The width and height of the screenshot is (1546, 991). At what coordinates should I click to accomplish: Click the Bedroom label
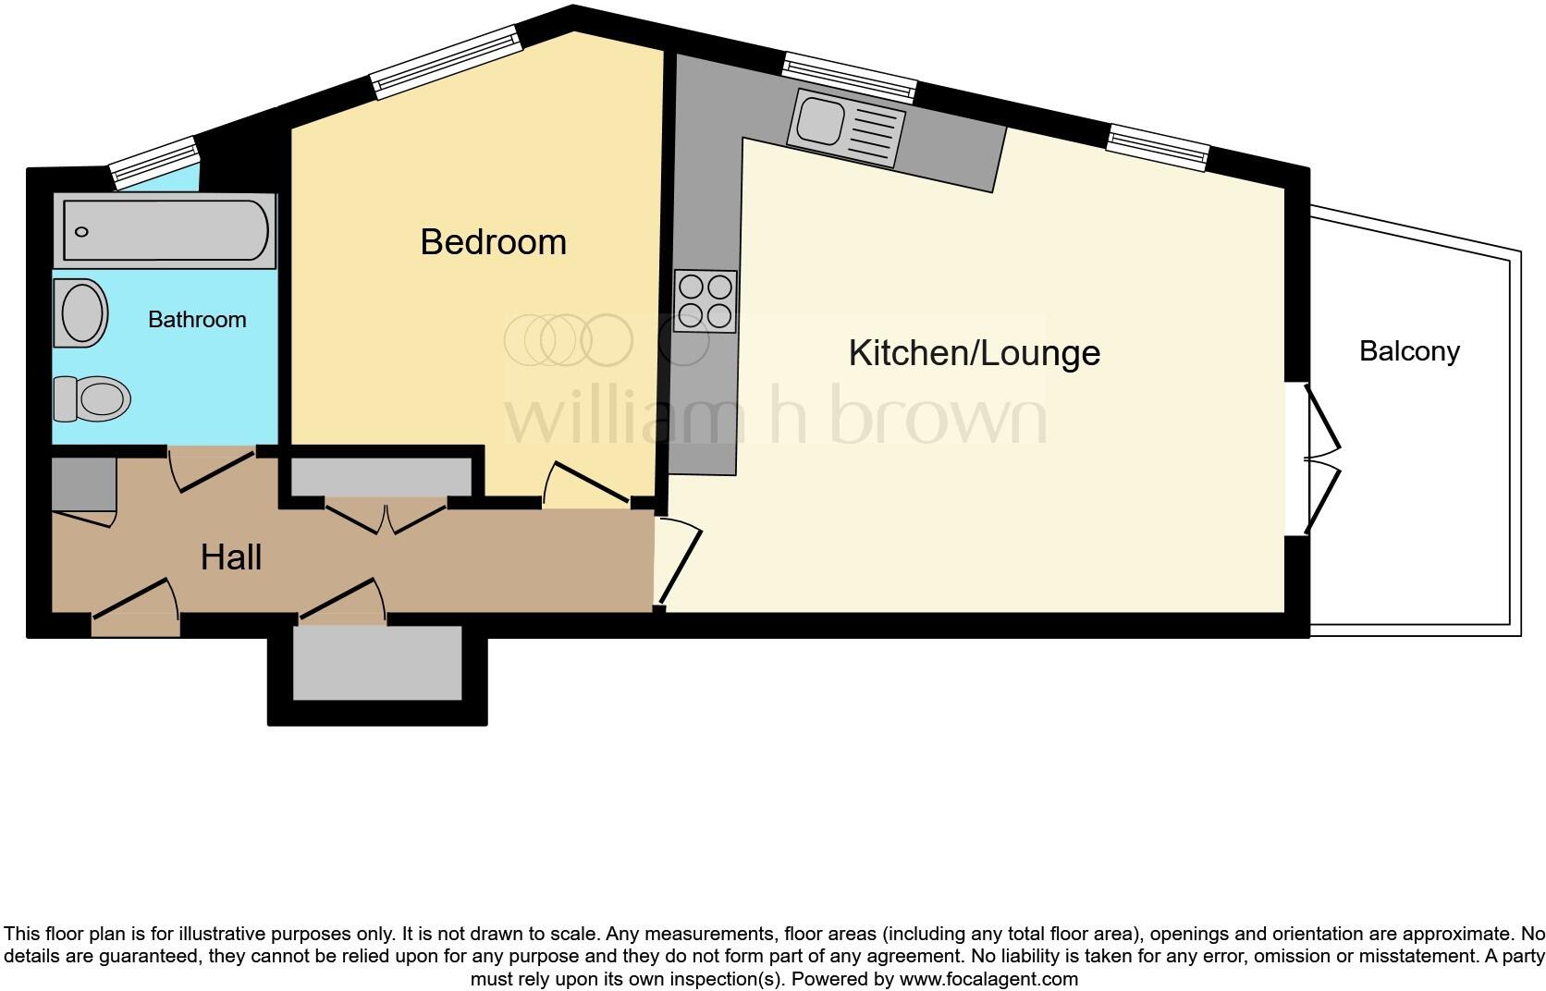click(x=493, y=242)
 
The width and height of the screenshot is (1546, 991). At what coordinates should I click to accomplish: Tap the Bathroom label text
click(x=197, y=320)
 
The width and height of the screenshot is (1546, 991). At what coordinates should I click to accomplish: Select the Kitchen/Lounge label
click(x=974, y=353)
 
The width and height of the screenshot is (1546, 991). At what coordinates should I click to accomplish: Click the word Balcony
click(x=1409, y=351)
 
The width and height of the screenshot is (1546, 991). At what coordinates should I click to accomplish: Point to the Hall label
click(x=231, y=557)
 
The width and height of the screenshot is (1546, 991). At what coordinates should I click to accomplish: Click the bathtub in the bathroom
click(x=166, y=231)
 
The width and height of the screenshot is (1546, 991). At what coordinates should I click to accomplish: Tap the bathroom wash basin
click(x=81, y=312)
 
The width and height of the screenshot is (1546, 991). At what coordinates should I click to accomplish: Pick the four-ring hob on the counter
click(x=706, y=300)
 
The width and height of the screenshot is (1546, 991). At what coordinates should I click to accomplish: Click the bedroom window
click(x=447, y=63)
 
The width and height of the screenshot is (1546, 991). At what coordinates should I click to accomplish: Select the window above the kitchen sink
click(x=850, y=77)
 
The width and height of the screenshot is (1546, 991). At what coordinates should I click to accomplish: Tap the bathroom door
click(x=210, y=469)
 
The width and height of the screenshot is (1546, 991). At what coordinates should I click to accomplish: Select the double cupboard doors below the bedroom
click(x=386, y=516)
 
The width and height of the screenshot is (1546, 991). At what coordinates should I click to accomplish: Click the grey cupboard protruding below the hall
click(x=377, y=664)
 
